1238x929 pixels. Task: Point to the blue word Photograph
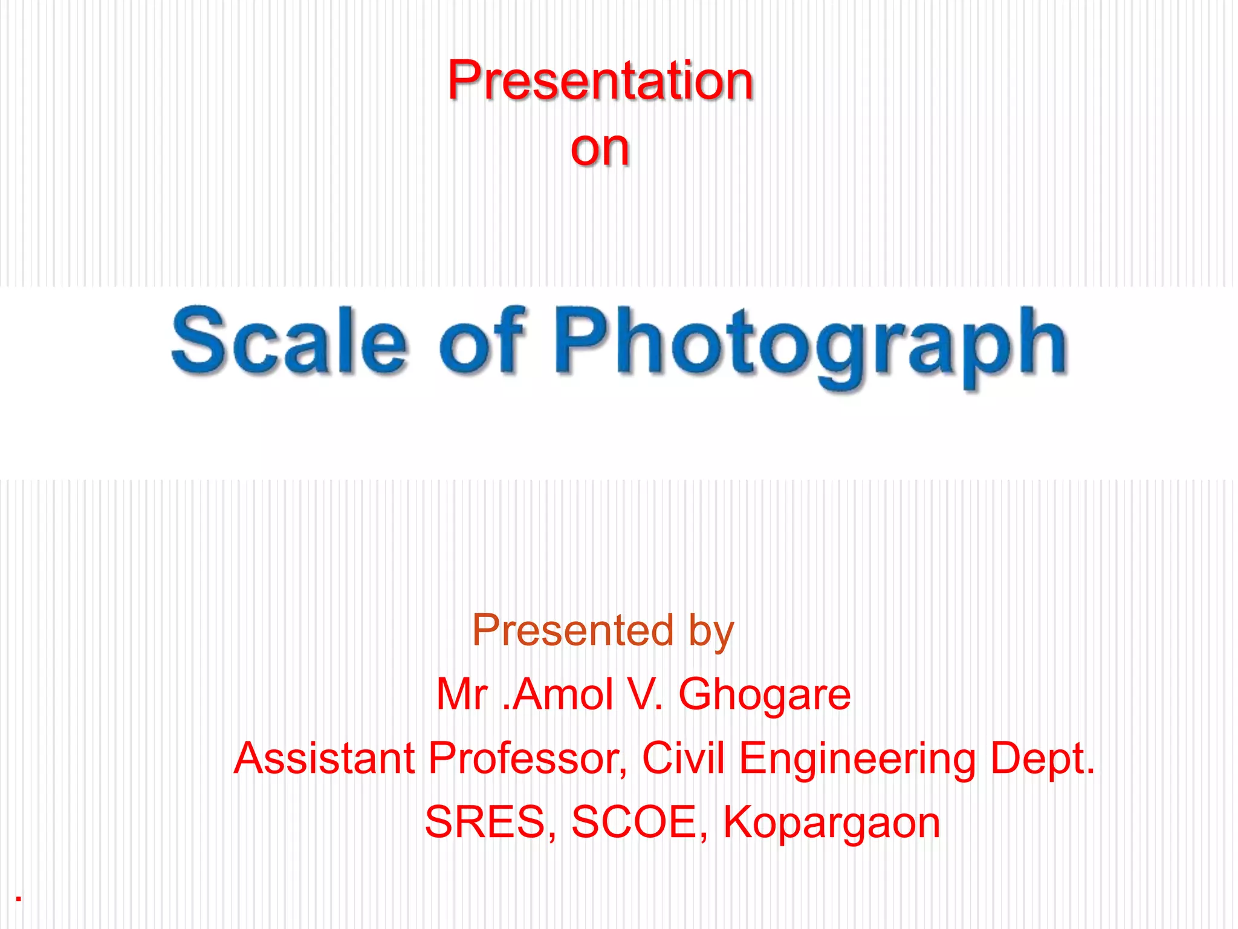coord(810,345)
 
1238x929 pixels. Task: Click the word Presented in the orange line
coord(572,630)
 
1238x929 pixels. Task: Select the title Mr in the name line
coord(462,694)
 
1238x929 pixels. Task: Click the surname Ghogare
coord(765,696)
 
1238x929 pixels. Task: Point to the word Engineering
coord(857,760)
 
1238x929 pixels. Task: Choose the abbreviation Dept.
coord(1042,759)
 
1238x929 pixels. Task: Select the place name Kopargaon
coord(832,824)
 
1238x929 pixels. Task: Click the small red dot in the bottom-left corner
coord(19,899)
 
